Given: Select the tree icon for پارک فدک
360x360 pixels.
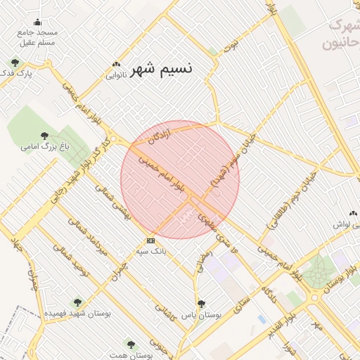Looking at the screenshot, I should point(15,64).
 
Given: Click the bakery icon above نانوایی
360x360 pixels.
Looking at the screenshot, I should point(116,64).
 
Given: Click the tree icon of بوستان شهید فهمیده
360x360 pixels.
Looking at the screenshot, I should point(77,303).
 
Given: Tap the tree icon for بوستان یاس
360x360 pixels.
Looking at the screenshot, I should point(202,304).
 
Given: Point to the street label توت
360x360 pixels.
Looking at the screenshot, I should point(230,46).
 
